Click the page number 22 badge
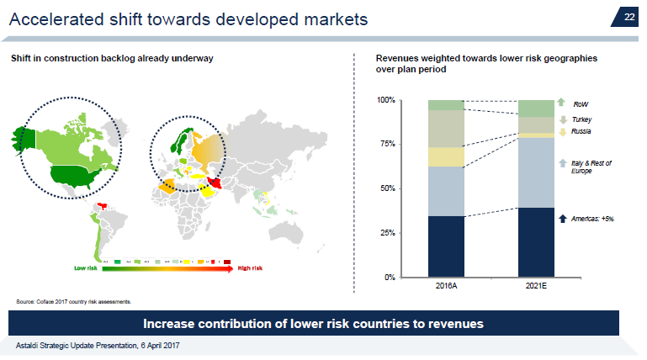coord(628,17)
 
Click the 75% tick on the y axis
coord(389,144)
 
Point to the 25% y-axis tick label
coord(389,232)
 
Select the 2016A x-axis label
coord(446,287)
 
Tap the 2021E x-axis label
coord(535,287)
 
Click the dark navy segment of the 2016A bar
coord(446,246)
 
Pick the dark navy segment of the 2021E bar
coord(535,242)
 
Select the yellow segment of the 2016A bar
coord(446,156)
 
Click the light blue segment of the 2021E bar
coord(535,172)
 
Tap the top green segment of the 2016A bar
coord(446,105)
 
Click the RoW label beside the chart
coord(581,104)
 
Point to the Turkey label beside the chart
coord(581,120)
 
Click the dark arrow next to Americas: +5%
coord(562,218)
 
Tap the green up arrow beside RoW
coord(561,103)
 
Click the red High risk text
coord(250,268)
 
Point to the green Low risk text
coord(85,268)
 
